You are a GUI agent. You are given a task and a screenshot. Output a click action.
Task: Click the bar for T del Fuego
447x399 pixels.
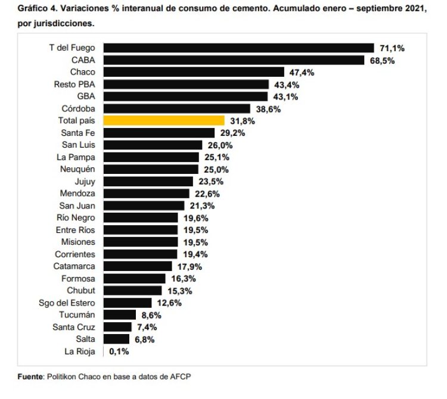(238, 48)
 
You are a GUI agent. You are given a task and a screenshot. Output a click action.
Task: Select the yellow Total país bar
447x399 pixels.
(164, 120)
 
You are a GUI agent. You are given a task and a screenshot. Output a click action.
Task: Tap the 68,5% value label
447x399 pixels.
(382, 60)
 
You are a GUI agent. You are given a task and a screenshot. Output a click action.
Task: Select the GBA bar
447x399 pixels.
(186, 96)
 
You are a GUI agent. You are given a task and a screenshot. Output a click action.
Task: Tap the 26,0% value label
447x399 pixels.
(221, 145)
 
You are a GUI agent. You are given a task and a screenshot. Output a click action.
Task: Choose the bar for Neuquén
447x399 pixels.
(151, 169)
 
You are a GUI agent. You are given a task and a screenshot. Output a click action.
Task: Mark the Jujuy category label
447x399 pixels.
(87, 182)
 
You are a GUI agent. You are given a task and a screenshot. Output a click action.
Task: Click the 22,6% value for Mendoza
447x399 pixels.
(208, 194)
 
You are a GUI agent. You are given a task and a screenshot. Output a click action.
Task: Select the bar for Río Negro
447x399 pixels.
(141, 217)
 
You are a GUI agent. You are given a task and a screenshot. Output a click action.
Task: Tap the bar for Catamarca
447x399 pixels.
(138, 266)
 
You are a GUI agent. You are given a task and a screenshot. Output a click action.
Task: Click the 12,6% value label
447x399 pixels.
(169, 303)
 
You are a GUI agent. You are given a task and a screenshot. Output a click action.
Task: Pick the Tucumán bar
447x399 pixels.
(119, 314)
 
